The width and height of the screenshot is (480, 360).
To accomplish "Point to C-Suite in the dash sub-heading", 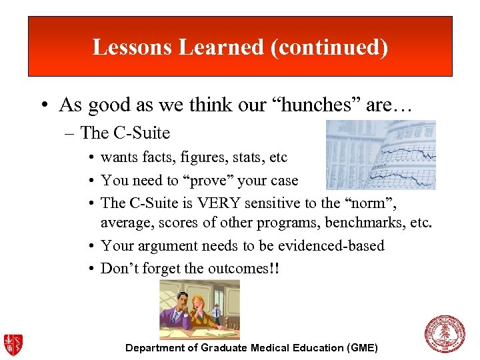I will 142,133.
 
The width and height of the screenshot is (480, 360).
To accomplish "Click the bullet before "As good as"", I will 45,105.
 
